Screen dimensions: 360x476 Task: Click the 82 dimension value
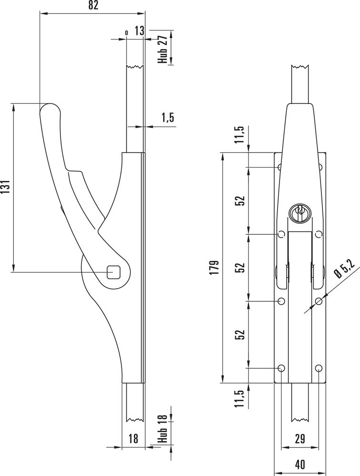pos(93,5)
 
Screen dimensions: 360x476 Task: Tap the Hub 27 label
pos(163,49)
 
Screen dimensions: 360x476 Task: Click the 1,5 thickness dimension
pos(168,117)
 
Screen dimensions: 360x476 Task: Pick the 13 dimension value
pos(140,31)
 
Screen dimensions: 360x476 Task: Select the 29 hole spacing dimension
pos(300,439)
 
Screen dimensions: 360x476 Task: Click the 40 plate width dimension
pos(300,465)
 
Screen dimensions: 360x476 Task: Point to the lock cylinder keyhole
pos(299,212)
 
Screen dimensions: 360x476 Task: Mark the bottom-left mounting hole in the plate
pos(281,368)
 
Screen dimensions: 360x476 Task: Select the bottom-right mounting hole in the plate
pos(319,368)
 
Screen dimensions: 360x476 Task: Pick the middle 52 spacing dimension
pos(240,268)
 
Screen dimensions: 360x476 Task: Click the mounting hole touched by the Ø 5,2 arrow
pos(319,301)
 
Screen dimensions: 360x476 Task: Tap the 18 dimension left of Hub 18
pos(133,439)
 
